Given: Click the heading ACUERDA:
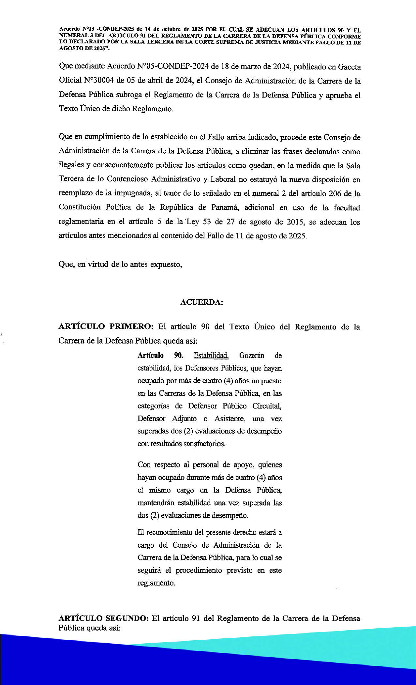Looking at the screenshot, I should pyautogui.click(x=201, y=302).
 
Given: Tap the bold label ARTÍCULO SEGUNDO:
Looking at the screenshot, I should pyautogui.click(x=104, y=618).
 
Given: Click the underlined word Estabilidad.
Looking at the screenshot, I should pyautogui.click(x=211, y=355).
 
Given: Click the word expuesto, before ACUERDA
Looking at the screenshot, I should pyautogui.click(x=166, y=264).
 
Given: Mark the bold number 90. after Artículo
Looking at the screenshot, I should pyautogui.click(x=179, y=355).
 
